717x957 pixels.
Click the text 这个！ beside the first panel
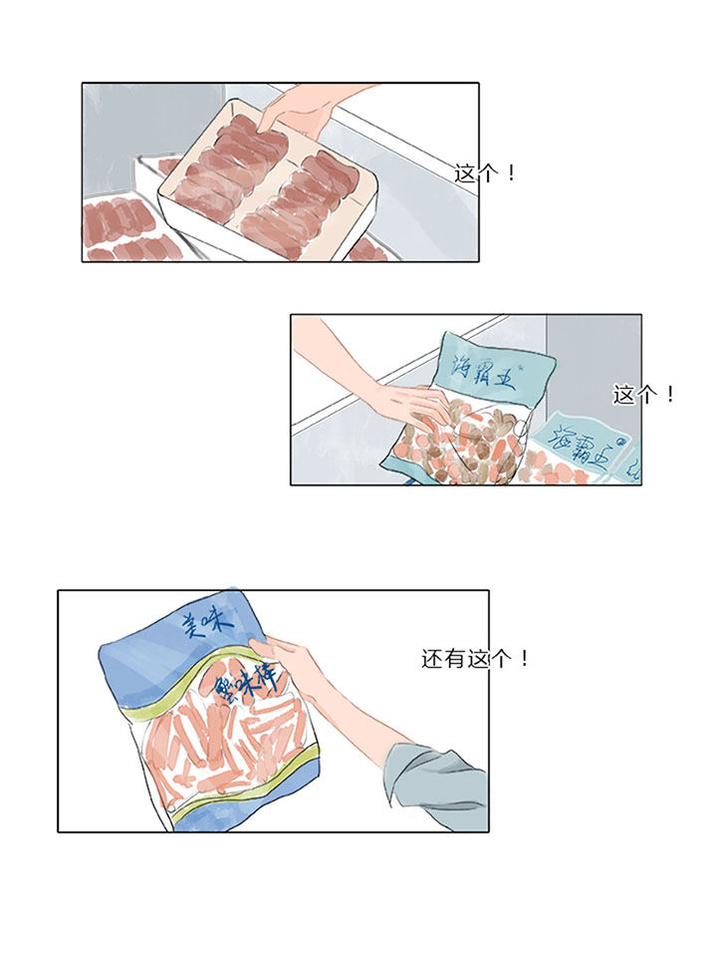point(485,173)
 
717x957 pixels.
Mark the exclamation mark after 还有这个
point(525,659)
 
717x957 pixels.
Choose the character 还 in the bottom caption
point(430,659)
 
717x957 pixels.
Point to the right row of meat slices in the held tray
point(309,199)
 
